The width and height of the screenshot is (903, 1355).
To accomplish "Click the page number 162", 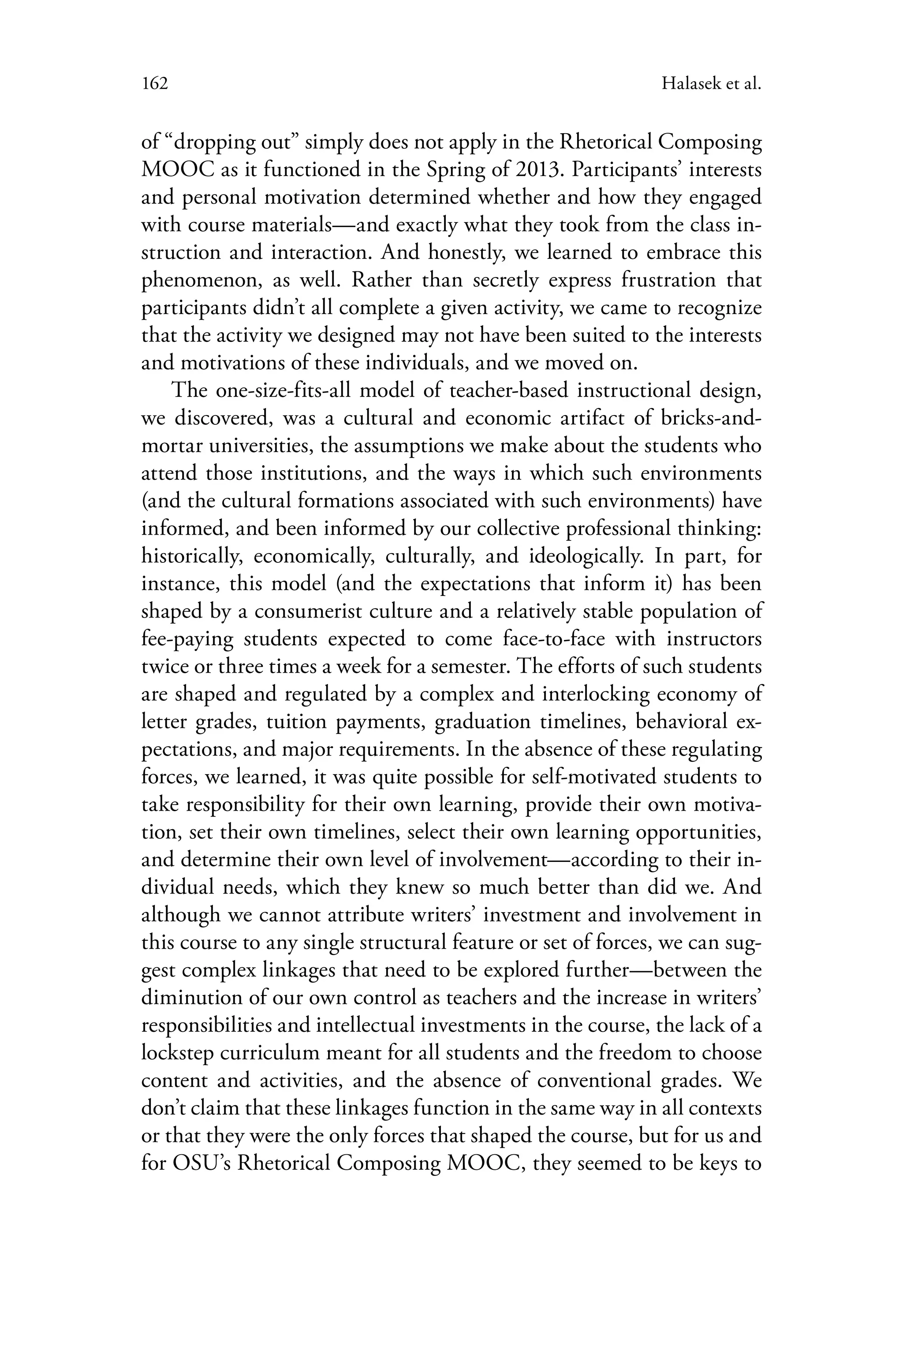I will (x=154, y=84).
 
